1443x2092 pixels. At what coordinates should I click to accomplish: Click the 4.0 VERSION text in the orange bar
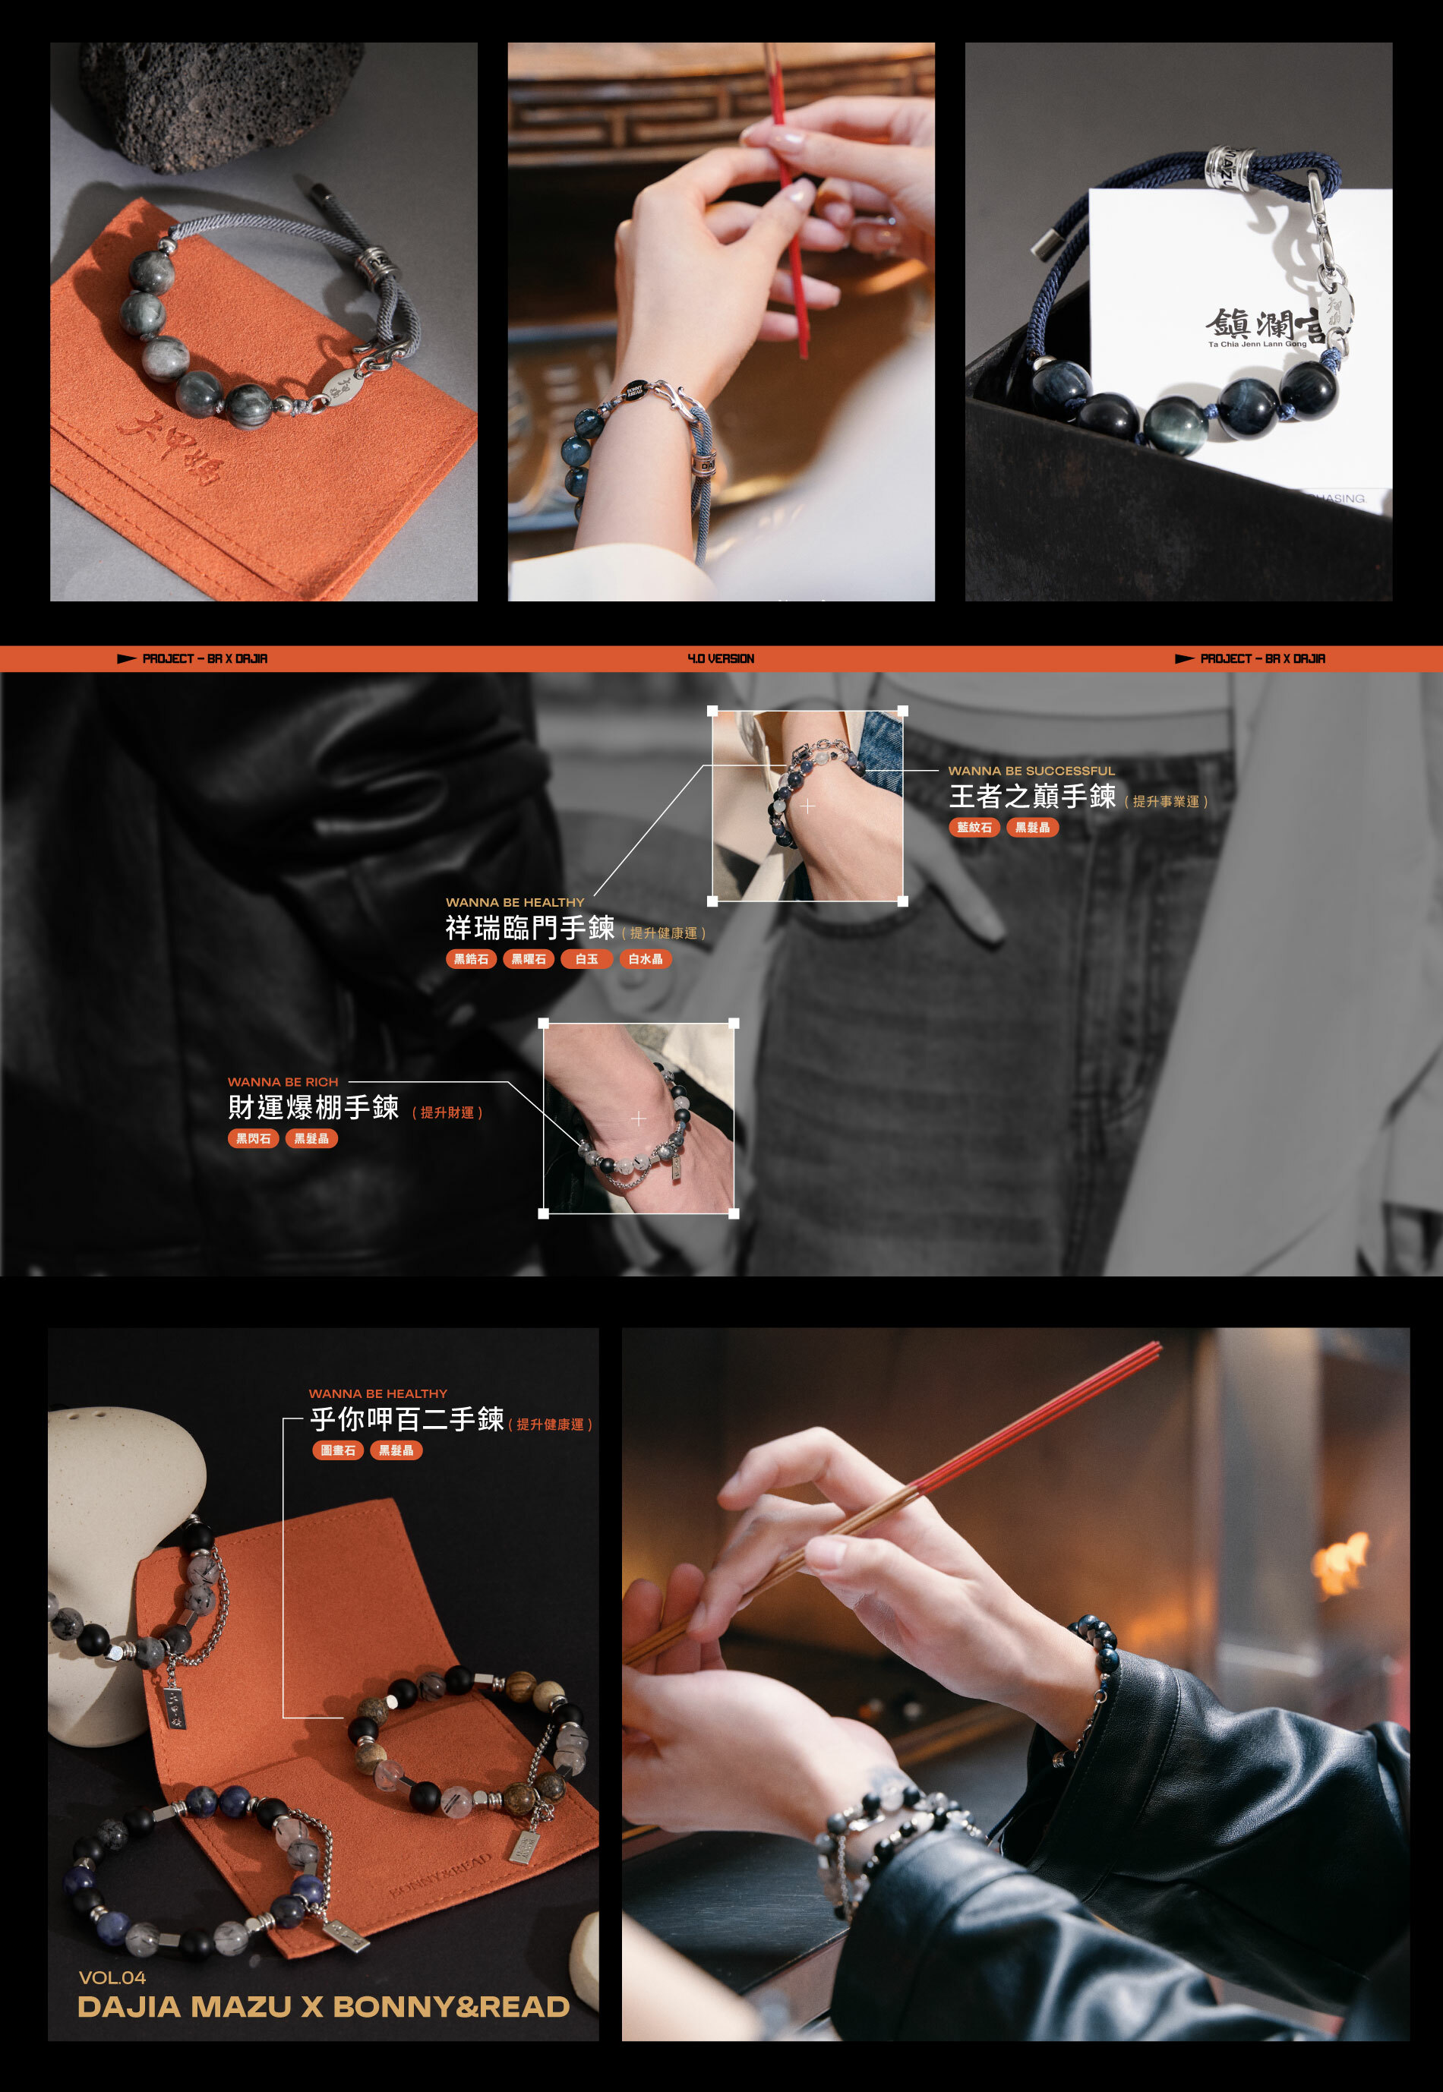[x=721, y=658]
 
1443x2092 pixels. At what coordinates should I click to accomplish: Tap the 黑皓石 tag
[x=471, y=958]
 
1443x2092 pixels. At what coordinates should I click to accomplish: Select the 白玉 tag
[x=587, y=958]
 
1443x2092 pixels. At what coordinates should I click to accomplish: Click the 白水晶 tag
[x=645, y=958]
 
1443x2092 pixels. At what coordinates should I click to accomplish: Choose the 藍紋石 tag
[x=974, y=827]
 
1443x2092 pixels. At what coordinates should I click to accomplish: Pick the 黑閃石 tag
[x=253, y=1138]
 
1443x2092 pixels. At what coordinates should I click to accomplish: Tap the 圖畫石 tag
[x=338, y=1450]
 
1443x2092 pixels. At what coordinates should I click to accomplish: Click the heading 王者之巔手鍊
[x=1031, y=797]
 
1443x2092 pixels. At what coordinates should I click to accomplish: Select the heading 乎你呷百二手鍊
[x=406, y=1419]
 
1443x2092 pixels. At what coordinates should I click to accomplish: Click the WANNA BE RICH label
[x=283, y=1082]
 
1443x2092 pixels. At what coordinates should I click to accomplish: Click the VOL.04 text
[x=112, y=1977]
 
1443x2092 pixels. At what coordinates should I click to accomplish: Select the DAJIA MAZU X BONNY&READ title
[x=323, y=2007]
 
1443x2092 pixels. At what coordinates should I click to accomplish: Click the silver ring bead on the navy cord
[x=1230, y=167]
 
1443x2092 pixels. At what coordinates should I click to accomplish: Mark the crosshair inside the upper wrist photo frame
[x=807, y=806]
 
